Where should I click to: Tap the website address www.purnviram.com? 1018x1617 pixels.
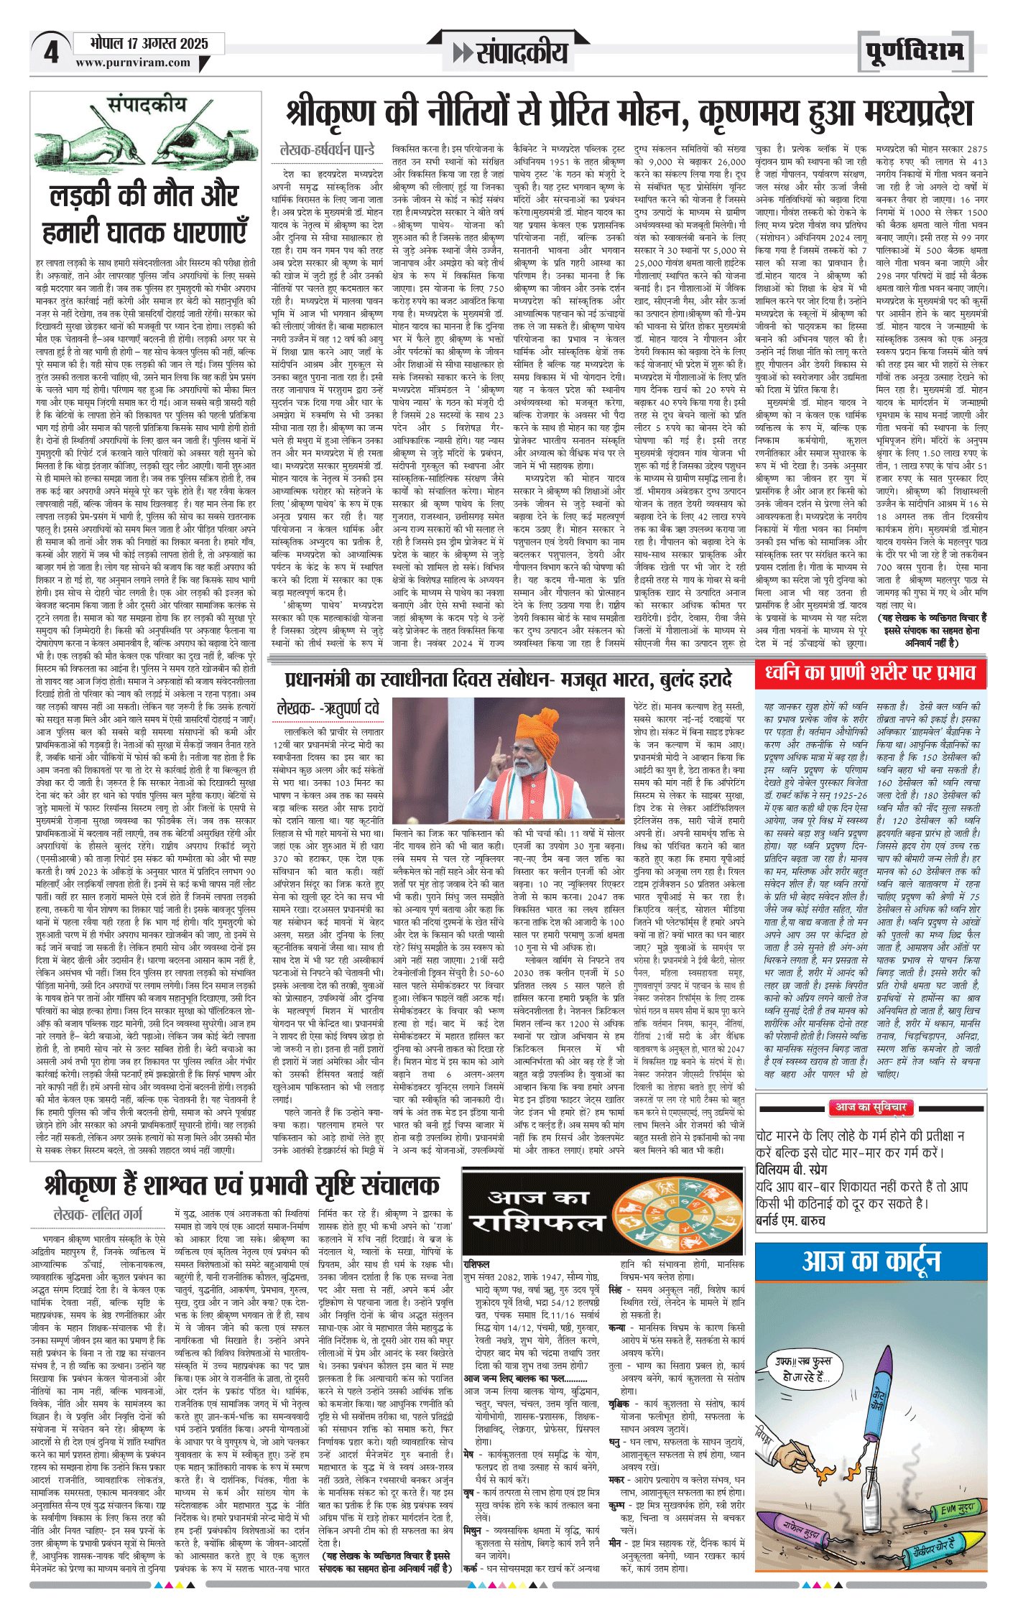133,62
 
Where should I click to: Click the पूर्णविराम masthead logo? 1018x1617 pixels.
914,52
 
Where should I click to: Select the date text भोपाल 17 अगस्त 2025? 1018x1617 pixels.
149,43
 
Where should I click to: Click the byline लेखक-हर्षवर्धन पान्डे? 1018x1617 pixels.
327,150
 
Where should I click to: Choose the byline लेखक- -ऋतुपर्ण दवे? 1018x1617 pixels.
328,708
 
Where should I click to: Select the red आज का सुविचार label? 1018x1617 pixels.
870,1107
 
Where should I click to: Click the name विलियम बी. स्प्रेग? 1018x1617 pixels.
791,1169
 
